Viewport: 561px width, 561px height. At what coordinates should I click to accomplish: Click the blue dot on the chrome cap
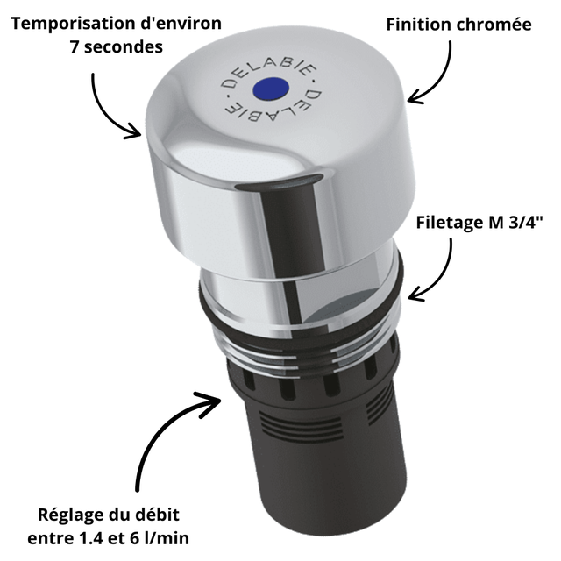click(271, 89)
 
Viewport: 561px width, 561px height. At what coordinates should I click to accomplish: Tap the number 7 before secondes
click(75, 46)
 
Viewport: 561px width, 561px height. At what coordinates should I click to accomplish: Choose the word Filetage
click(450, 223)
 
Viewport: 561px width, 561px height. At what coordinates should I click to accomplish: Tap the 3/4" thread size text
click(525, 223)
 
